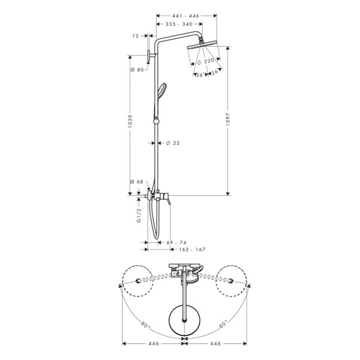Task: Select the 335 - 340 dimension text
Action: click(179, 24)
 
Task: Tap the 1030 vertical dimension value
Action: click(130, 121)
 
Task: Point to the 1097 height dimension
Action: click(227, 119)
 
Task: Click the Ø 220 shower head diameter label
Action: click(205, 61)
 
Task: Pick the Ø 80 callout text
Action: click(137, 70)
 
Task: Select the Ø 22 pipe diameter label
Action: click(173, 143)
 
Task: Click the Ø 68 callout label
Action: click(137, 182)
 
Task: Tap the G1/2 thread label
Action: click(139, 215)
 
